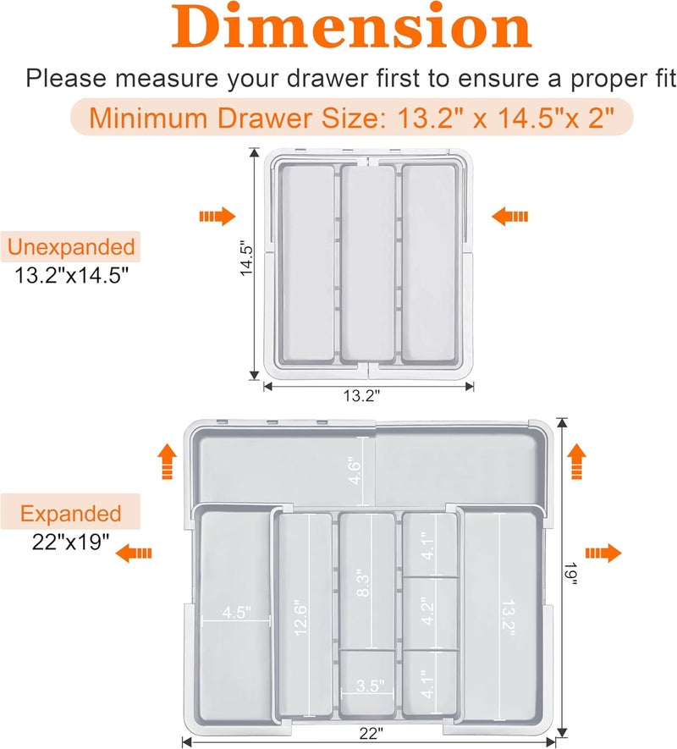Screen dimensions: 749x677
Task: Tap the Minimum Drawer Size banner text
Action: [x=351, y=118]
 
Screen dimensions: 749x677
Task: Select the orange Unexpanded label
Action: [x=71, y=247]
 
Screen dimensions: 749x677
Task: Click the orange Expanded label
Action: [x=71, y=514]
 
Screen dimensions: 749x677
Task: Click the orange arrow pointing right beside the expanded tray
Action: [x=603, y=553]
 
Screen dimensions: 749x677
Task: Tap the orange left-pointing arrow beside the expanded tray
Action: [x=135, y=553]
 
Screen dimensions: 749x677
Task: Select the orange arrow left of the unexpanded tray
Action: [x=217, y=218]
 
